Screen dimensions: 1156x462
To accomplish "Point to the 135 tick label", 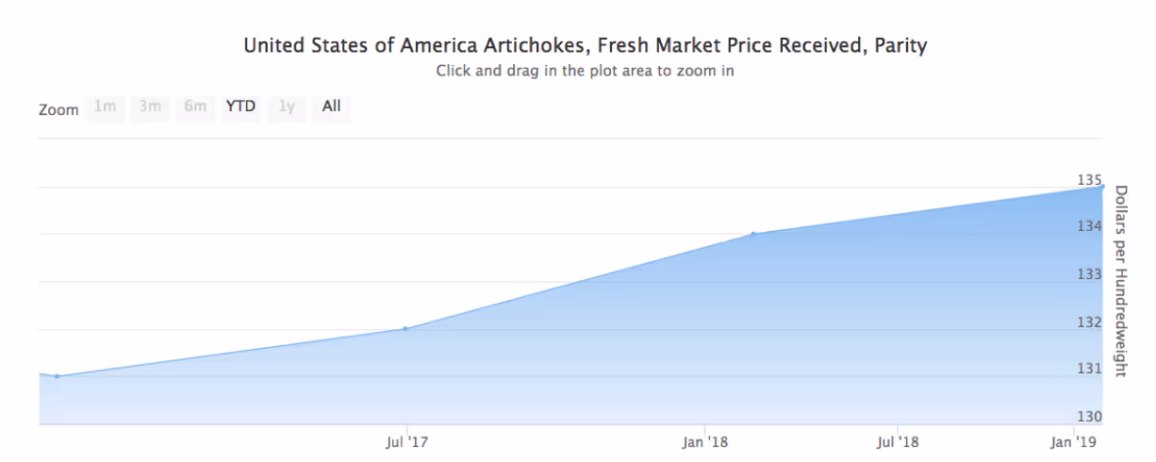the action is coord(1089,180).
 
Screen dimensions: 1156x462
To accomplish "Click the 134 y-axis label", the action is coord(1089,226).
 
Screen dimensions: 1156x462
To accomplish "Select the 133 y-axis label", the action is coord(1089,274).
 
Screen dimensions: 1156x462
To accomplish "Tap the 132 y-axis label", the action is coord(1089,322).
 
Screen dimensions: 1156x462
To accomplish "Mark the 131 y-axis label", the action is coord(1089,369).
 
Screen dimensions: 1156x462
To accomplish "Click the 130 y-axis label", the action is coord(1089,417).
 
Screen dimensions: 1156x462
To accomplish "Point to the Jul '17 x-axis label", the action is coord(407,442).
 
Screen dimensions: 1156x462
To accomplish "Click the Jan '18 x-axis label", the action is coord(705,442).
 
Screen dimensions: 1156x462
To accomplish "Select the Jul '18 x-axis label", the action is coord(898,442).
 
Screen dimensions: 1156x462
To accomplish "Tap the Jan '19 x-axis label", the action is coord(1073,442).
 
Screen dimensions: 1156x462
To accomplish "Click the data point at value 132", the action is coord(405,329).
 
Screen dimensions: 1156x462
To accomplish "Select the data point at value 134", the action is coord(753,234).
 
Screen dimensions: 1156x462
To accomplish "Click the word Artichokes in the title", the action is coord(537,46).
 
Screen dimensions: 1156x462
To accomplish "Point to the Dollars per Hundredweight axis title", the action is coord(1121,281).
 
